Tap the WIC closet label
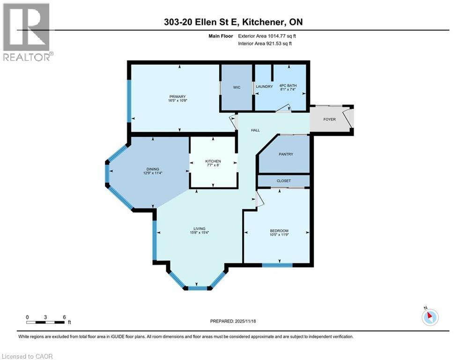(237, 87)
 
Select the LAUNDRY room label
(264, 86)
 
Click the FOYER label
(329, 120)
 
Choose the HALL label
(255, 130)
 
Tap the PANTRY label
(286, 154)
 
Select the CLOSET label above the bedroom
(283, 181)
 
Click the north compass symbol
(429, 316)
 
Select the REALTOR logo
(27, 32)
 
